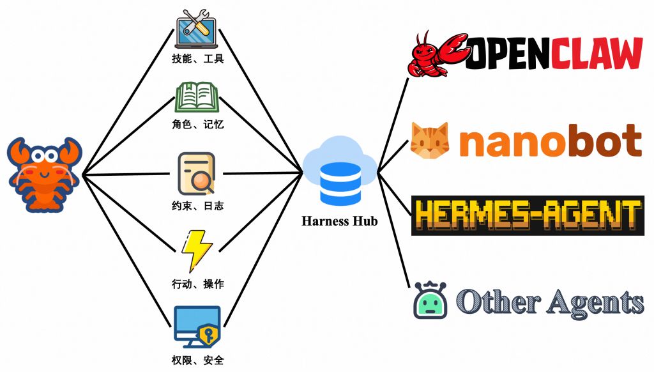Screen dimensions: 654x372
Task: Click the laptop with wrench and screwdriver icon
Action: click(197, 29)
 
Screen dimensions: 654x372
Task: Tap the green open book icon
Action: click(197, 97)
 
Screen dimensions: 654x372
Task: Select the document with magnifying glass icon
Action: click(197, 174)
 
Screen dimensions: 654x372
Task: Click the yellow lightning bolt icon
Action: click(197, 251)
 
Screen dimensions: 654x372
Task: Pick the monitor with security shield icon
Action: click(197, 327)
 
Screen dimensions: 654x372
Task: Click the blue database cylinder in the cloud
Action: click(340, 183)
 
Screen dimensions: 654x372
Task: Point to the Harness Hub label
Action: click(340, 221)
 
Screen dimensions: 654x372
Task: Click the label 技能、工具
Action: click(198, 58)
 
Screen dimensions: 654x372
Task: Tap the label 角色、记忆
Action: click(198, 124)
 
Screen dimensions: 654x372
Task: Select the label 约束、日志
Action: click(198, 205)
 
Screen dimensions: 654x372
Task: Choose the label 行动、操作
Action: click(198, 284)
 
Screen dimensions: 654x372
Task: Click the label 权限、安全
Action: click(198, 360)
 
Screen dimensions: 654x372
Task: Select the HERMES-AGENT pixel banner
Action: click(528, 215)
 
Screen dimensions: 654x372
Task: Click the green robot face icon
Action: click(430, 300)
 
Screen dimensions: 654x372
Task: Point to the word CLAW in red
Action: click(597, 53)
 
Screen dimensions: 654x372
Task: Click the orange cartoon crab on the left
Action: click(45, 174)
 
